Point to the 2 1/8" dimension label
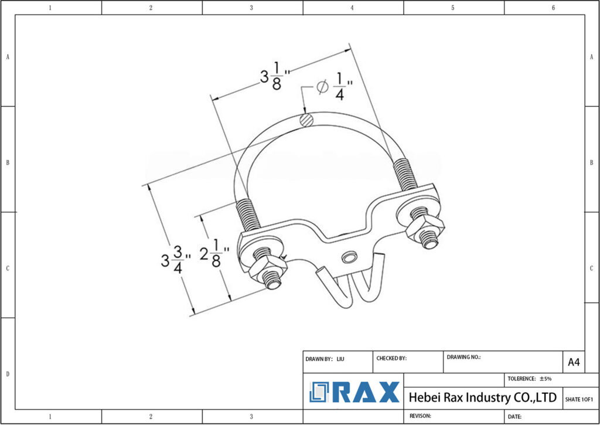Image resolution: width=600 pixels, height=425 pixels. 213,253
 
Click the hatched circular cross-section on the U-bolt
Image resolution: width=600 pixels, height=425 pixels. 306,120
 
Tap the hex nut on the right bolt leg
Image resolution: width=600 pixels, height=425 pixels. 425,226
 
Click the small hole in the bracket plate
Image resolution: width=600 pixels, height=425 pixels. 350,257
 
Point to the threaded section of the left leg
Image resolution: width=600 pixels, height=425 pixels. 249,216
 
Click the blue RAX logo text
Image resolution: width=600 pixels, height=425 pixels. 355,393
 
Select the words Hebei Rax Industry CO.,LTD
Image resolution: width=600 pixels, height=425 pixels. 482,397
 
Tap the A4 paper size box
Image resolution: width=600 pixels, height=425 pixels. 574,362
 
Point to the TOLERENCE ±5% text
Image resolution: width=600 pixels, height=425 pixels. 529,379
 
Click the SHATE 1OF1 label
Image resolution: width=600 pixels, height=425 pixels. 579,399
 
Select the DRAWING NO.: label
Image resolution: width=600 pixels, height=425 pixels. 463,356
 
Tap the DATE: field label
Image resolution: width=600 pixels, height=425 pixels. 515,416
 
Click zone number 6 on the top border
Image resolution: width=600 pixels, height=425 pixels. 553,8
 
